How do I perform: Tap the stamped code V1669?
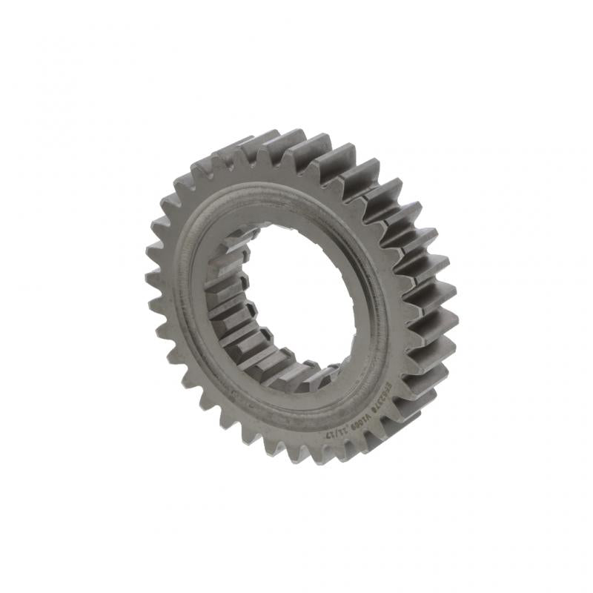(x=362, y=421)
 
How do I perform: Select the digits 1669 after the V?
(x=358, y=423)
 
